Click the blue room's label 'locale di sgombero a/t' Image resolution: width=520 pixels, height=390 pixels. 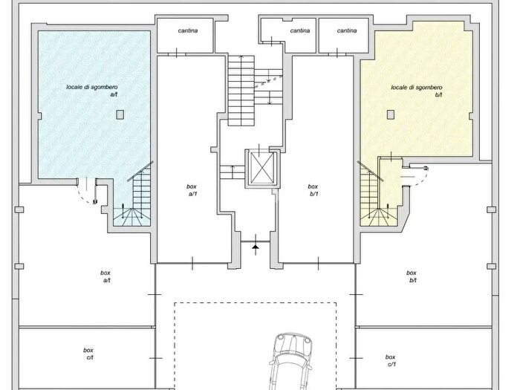pos(92,91)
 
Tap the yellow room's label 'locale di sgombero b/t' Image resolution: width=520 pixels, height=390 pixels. pos(417,91)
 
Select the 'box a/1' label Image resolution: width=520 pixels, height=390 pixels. pos(192,190)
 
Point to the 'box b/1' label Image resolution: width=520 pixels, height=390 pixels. pos(313,190)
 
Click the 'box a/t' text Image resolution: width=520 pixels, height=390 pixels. pos(105,276)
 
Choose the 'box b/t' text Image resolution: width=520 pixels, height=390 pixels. pos(412,276)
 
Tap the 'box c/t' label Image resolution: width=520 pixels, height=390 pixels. pos(88,354)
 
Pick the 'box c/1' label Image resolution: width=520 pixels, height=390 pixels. pos(391,360)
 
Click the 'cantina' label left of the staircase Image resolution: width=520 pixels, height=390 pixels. pos(188,31)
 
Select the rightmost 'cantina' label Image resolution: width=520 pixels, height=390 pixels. pos(347,30)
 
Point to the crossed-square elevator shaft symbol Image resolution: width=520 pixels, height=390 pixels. pos(262,168)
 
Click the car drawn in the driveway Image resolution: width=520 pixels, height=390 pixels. pos(290,363)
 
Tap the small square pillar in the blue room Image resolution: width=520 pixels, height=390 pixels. pos(120,114)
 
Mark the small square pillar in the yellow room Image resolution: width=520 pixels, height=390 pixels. pos(391,114)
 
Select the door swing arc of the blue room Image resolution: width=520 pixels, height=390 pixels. pos(85,196)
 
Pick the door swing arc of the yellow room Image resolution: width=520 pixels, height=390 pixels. pos(419,177)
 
